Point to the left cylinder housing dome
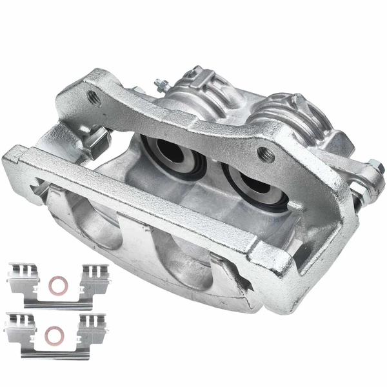[x=193, y=90]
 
